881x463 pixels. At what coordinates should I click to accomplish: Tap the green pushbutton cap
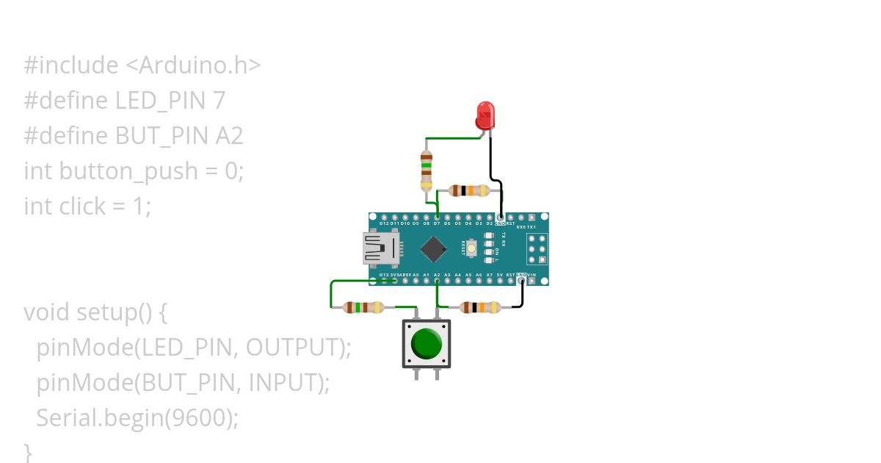tap(427, 343)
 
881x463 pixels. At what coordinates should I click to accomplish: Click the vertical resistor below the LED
tap(426, 171)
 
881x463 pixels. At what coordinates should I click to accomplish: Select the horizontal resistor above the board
tap(468, 191)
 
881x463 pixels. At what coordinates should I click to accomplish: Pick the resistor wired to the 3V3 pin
tap(364, 307)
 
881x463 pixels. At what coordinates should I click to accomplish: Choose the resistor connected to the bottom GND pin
tap(479, 307)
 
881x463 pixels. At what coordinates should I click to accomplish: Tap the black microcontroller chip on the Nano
tap(433, 249)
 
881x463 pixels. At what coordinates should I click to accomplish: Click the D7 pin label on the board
tap(437, 223)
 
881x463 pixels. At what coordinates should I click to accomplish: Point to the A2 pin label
tap(437, 275)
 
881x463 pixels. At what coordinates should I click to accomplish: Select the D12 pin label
tap(384, 223)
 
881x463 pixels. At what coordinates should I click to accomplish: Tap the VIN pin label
tap(532, 275)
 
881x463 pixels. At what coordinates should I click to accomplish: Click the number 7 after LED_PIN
tap(219, 101)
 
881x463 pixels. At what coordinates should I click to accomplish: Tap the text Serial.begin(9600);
tap(137, 418)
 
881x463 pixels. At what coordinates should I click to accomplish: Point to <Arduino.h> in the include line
tap(193, 65)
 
